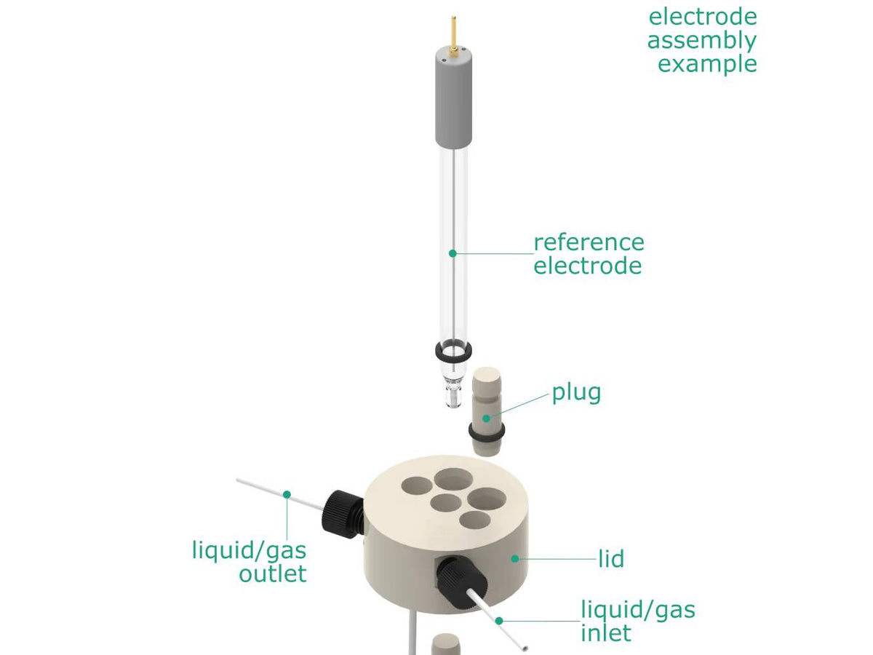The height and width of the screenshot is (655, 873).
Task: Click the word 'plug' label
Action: (576, 392)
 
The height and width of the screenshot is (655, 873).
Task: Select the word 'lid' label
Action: (611, 559)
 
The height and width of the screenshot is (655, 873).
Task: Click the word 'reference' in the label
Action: (589, 242)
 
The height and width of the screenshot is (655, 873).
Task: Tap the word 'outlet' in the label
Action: (273, 573)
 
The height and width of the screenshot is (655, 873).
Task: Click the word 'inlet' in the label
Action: (605, 632)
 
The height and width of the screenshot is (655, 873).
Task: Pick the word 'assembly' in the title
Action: (702, 40)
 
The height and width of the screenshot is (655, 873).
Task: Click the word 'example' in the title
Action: (707, 63)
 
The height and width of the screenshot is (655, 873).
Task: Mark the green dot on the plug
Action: (487, 418)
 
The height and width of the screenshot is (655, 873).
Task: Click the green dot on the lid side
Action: (515, 558)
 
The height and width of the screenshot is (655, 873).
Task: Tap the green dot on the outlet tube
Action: (287, 494)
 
